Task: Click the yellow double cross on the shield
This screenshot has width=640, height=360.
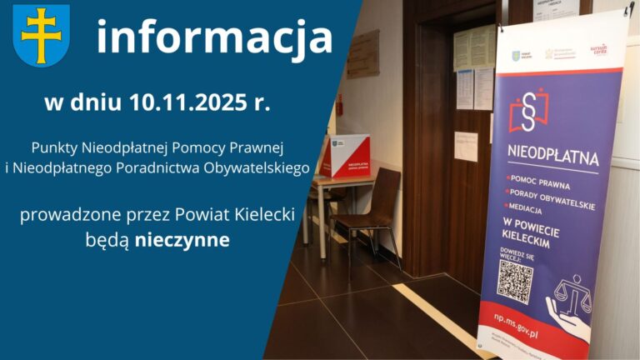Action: pos(41,35)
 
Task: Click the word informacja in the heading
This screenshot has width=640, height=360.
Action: pos(214,37)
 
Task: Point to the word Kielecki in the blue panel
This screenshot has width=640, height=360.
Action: pos(261,215)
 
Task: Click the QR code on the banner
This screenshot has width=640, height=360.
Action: pos(514,280)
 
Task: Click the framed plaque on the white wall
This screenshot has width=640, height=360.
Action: pos(362,55)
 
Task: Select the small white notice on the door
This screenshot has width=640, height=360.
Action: pos(466,146)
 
